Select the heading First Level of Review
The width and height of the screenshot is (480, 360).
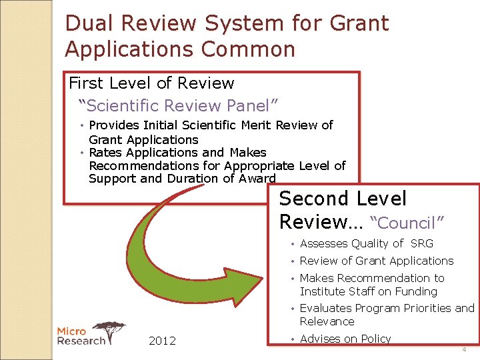click(x=151, y=83)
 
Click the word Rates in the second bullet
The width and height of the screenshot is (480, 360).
click(x=105, y=153)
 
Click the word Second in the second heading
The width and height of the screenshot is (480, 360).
click(x=313, y=199)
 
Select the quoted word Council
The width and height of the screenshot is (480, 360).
click(x=407, y=223)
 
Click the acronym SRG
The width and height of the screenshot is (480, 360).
click(x=422, y=244)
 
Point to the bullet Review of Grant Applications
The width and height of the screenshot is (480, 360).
click(x=376, y=261)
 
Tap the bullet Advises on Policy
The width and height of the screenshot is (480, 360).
click(x=345, y=339)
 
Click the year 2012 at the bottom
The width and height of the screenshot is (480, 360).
click(x=162, y=341)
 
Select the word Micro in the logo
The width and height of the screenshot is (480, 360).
click(x=72, y=331)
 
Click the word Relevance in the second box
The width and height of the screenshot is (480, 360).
click(x=327, y=322)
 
